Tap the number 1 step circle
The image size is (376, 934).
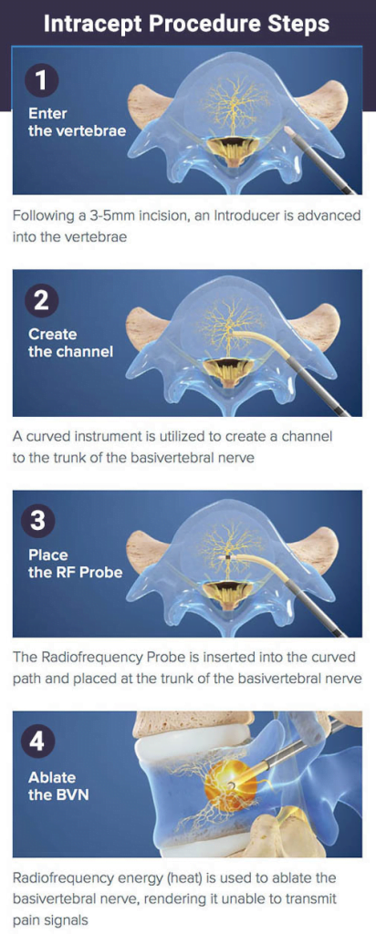(x=40, y=79)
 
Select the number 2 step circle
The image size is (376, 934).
(x=40, y=300)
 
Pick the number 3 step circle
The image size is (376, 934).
(x=40, y=521)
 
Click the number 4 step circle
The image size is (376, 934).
(x=40, y=742)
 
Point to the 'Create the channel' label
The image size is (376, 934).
(x=70, y=343)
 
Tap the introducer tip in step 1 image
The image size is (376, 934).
(x=291, y=133)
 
